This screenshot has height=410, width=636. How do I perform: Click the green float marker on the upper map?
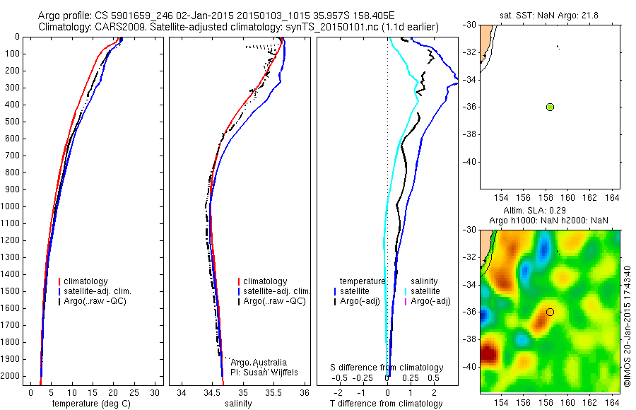click(550, 107)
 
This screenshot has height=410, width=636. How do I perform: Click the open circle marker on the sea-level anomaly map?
click(550, 312)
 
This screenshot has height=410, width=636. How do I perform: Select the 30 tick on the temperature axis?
click(155, 392)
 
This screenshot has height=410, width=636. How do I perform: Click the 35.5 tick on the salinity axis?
click(273, 392)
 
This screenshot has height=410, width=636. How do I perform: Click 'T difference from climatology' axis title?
click(387, 404)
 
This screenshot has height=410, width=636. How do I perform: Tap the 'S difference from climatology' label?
click(387, 368)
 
